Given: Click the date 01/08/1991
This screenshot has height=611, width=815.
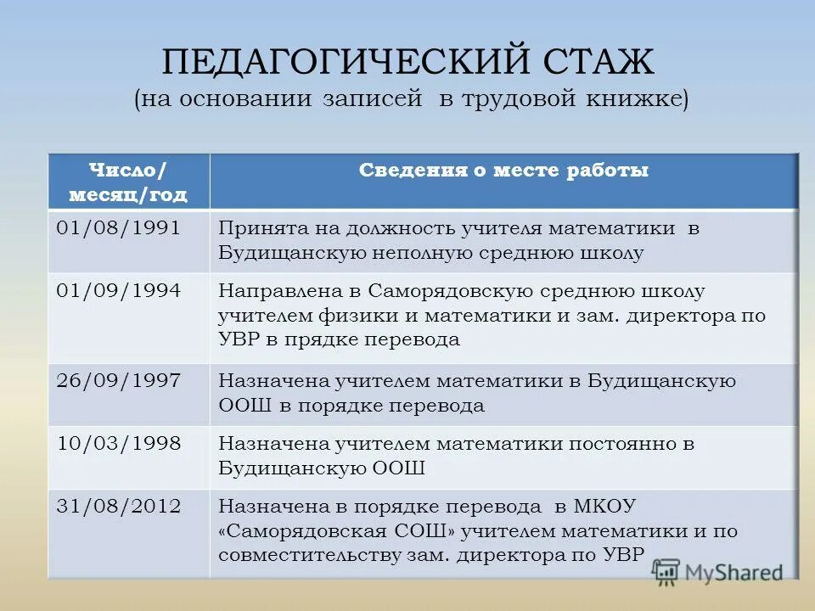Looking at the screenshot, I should pos(118,229).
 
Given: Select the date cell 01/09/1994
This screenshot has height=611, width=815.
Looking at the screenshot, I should pos(118,291).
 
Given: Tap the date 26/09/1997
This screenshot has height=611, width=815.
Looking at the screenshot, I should pos(118,381).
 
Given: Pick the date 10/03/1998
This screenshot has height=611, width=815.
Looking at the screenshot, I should pos(118,443).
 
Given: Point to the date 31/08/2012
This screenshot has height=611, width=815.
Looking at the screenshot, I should pos(118,507).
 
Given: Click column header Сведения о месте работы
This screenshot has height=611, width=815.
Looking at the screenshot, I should pos(503,171).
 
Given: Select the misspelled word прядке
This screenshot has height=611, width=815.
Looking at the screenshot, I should pos(327,340).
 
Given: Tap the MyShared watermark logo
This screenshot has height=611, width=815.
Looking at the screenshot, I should pos(718,571).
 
